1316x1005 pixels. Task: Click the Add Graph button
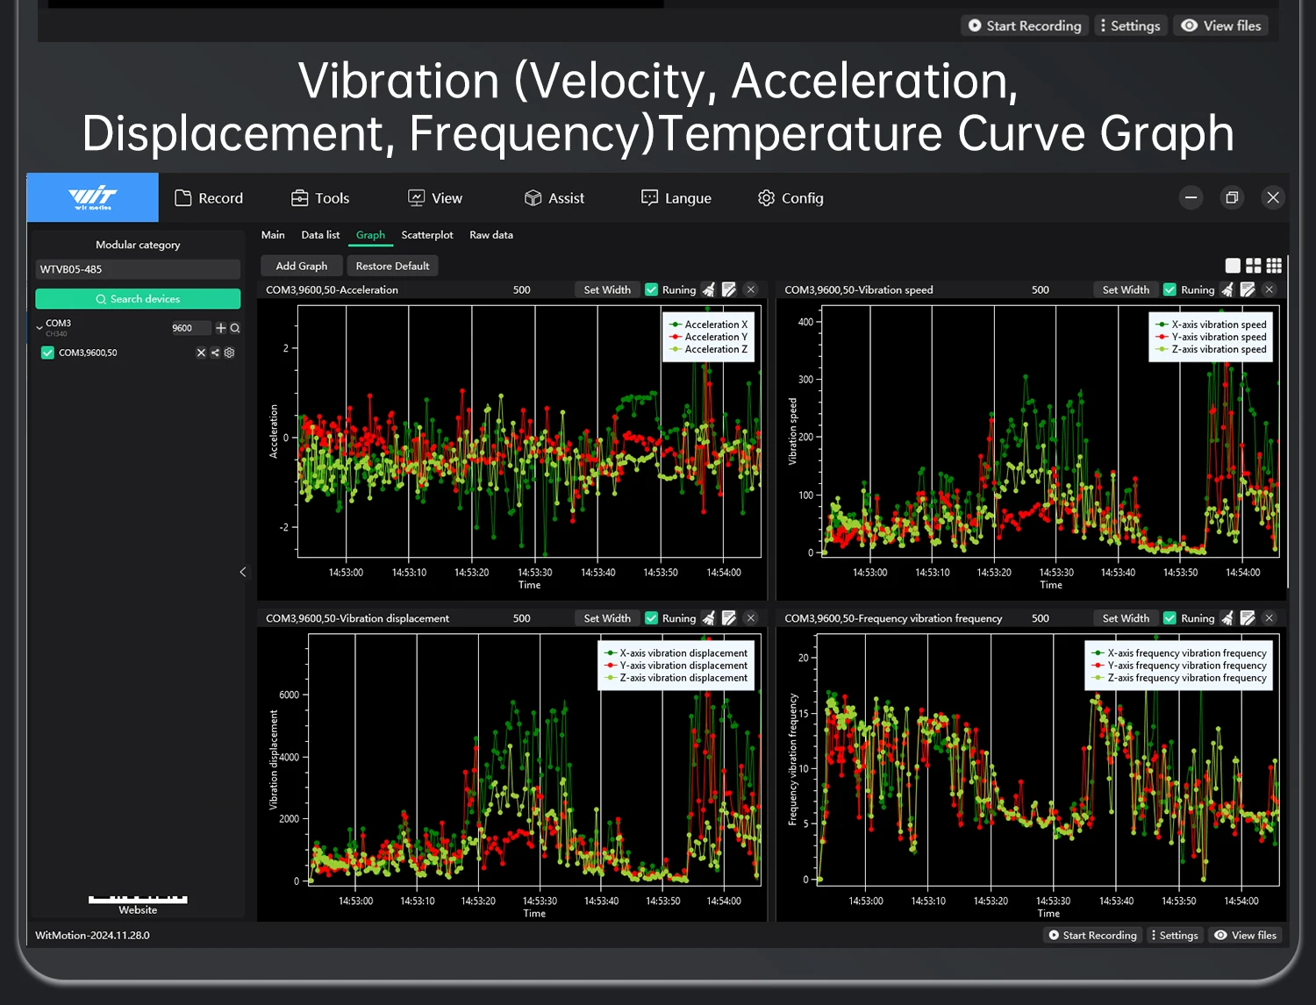[301, 266]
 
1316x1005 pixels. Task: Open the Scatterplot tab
[427, 235]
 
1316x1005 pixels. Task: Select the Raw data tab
[491, 235]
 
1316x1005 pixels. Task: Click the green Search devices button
[138, 298]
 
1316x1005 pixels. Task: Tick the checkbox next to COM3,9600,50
[47, 353]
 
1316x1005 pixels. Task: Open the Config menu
[790, 198]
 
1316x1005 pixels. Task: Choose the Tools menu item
[320, 198]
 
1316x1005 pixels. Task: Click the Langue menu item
[676, 198]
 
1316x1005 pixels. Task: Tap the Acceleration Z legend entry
[708, 349]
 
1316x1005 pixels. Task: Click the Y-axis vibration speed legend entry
[1211, 337]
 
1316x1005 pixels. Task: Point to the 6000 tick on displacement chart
[289, 695]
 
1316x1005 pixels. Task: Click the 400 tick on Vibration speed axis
[805, 322]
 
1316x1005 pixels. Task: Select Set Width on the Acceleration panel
[607, 290]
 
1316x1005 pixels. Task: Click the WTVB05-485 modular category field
[138, 269]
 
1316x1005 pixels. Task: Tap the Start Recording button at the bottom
[1092, 935]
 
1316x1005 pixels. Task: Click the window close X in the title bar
[1273, 197]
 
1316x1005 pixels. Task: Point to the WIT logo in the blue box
[93, 197]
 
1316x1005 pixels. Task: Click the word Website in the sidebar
[138, 909]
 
